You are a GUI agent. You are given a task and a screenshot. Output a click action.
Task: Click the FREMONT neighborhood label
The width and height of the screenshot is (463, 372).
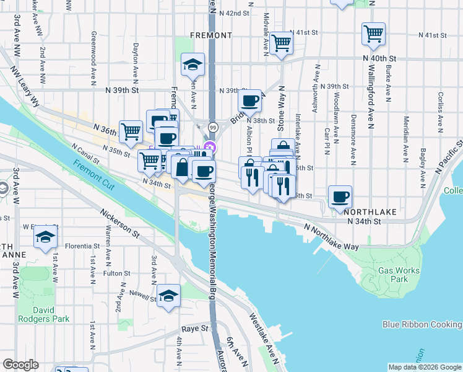tap(211, 35)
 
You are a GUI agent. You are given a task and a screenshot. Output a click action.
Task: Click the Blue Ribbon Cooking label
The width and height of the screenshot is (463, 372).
tap(422, 324)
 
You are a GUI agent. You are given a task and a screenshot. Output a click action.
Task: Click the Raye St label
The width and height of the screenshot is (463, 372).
tap(193, 329)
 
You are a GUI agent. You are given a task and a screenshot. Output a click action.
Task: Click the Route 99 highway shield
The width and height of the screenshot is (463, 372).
tap(213, 126)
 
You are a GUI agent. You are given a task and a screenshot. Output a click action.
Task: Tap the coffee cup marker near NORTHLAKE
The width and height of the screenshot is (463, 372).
tap(339, 197)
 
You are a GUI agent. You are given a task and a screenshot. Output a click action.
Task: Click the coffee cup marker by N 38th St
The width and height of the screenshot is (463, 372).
tap(249, 100)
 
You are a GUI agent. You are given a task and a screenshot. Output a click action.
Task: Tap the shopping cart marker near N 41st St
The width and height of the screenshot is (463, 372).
tap(281, 43)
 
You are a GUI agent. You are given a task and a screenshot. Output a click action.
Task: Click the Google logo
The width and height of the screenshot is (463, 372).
tap(20, 365)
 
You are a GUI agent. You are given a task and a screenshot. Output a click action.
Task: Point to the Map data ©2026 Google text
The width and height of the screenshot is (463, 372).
tap(425, 367)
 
